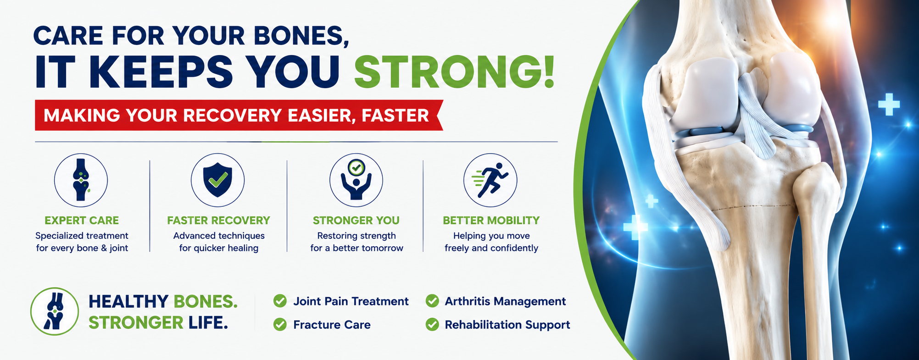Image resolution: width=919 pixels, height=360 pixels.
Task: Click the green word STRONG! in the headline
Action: click(x=454, y=72)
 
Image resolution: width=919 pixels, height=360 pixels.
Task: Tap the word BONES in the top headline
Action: click(x=300, y=35)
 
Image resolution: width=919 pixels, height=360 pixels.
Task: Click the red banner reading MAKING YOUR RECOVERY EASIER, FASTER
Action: click(x=239, y=115)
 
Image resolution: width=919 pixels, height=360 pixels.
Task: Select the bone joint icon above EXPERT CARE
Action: click(x=81, y=180)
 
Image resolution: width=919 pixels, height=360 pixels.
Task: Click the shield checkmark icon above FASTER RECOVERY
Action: click(x=217, y=180)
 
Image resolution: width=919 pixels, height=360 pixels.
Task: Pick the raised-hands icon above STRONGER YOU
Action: click(x=356, y=180)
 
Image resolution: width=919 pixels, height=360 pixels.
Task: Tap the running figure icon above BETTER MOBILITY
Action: click(x=490, y=180)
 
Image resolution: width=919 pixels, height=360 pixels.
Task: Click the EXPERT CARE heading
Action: click(x=82, y=221)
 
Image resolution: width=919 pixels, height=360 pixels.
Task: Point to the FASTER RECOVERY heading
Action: click(x=218, y=221)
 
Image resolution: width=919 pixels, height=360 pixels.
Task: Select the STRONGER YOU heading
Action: click(x=356, y=221)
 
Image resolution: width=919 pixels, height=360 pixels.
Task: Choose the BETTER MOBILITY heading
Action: click(x=491, y=221)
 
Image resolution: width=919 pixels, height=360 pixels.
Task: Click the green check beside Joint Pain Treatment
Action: click(x=280, y=301)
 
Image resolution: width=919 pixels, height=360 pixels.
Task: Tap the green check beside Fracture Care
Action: click(x=280, y=325)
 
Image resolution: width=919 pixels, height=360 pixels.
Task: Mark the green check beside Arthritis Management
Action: click(x=432, y=301)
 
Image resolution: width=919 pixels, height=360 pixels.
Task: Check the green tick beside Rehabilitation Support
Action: click(x=432, y=325)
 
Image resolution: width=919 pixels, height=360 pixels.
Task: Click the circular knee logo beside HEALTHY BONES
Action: click(x=55, y=311)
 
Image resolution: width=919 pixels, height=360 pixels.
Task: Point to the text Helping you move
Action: click(x=491, y=236)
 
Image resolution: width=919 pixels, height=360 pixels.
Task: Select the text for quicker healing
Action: click(x=219, y=248)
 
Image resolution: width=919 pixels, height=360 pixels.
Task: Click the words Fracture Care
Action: click(x=332, y=325)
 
